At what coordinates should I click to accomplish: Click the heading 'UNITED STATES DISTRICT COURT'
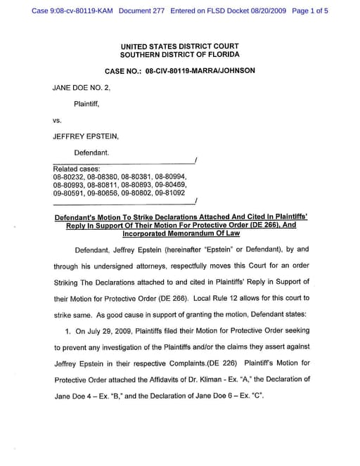[x=180, y=46]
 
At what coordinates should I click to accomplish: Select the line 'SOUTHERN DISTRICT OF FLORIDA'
[x=180, y=55]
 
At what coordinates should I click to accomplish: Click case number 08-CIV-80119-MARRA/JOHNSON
[x=200, y=71]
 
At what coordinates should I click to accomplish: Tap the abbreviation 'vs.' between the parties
[x=58, y=120]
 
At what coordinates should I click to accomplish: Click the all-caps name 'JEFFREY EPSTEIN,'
[x=83, y=136]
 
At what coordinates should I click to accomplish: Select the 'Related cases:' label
[x=77, y=169]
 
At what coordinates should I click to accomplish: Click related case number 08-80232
[x=67, y=176]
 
